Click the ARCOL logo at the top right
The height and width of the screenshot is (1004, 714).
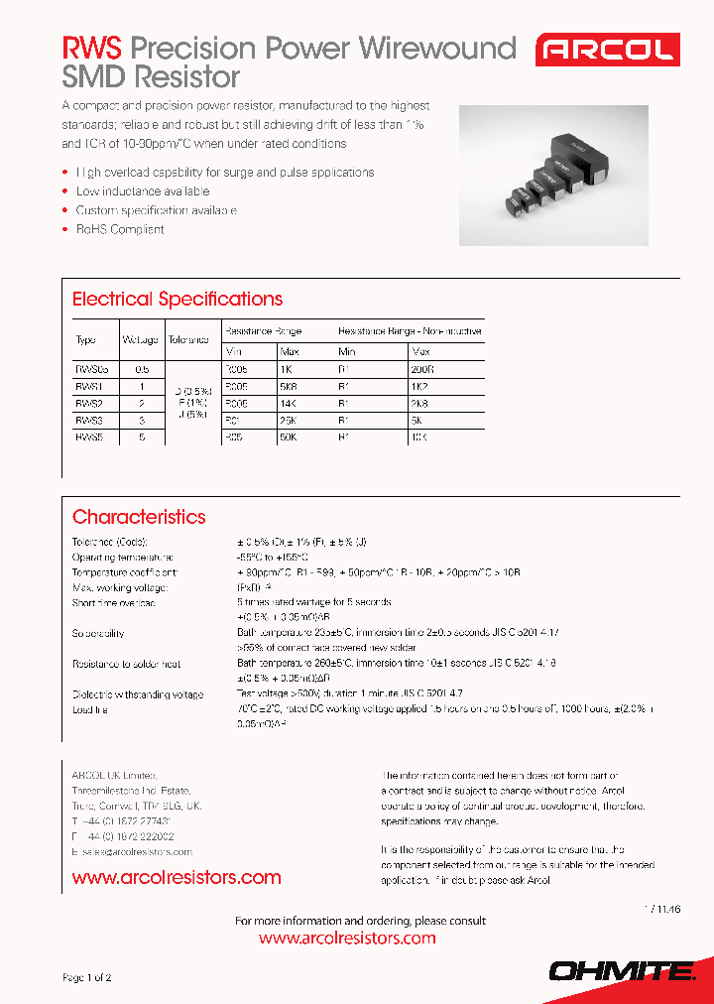tap(607, 50)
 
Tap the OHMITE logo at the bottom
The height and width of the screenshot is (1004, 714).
tap(622, 971)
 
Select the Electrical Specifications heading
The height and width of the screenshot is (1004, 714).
tap(177, 299)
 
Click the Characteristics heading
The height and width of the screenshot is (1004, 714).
tap(139, 517)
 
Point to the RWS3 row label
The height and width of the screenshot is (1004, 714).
tap(89, 420)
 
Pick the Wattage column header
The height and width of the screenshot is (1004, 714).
tap(140, 340)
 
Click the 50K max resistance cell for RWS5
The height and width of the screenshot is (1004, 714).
tap(292, 437)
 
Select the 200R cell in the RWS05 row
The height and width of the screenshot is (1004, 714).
tap(422, 368)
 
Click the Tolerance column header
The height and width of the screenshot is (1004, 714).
tap(188, 340)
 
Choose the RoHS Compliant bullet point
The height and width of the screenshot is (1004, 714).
tap(120, 229)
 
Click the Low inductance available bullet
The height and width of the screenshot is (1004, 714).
tap(143, 190)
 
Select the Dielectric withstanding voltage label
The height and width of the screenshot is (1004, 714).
tap(138, 694)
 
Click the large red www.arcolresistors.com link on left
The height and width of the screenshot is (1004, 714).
tap(177, 877)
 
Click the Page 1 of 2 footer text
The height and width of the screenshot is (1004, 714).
tap(87, 977)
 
